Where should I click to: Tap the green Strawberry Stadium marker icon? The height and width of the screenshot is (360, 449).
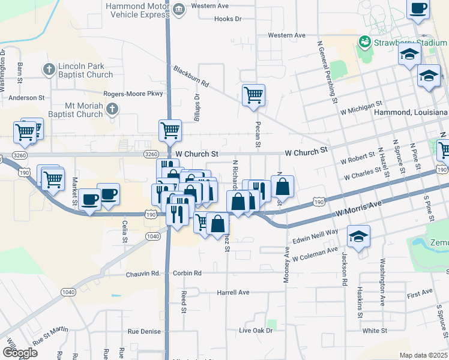(364, 42)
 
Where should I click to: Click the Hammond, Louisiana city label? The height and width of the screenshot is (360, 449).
(411, 112)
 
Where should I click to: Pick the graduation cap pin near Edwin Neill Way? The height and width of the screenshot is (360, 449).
(359, 236)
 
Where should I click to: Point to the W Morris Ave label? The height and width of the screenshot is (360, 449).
(358, 209)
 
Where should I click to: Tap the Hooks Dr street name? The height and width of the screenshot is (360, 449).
(228, 19)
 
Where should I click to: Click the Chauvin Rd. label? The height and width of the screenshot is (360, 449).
(143, 274)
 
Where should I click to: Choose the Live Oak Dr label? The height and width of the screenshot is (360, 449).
(256, 331)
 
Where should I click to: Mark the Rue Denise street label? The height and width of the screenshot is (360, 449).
(144, 331)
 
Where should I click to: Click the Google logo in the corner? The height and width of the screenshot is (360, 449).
(20, 353)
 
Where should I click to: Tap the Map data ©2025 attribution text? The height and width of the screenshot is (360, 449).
(423, 355)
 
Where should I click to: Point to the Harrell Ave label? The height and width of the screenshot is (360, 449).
(233, 293)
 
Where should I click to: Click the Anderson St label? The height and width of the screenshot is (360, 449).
(26, 97)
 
